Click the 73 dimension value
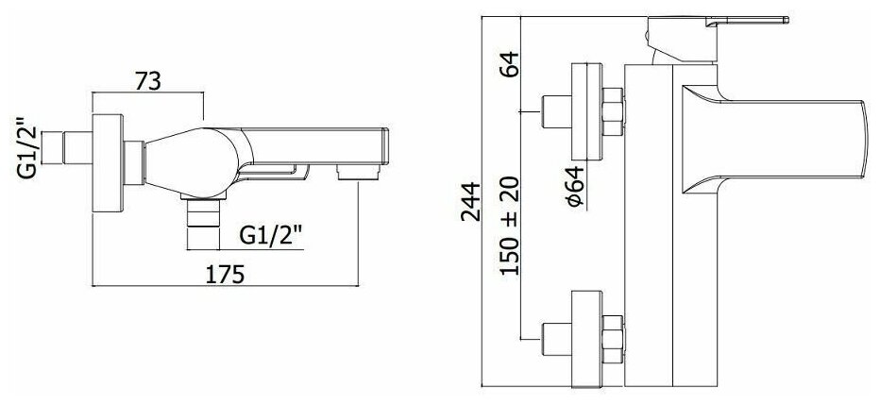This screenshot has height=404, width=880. (146, 81)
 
